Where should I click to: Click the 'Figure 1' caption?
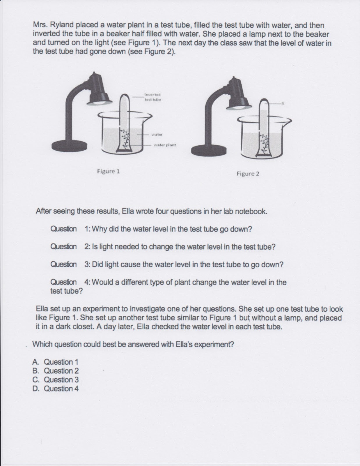(108, 171)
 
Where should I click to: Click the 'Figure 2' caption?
(248, 174)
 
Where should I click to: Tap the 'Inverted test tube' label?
(152, 97)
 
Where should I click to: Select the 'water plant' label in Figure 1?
(165, 145)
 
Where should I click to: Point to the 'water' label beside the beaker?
(157, 135)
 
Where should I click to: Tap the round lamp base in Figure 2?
(208, 149)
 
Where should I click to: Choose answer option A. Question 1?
(56, 362)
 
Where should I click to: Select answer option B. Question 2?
(56, 371)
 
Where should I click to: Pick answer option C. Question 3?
(56, 380)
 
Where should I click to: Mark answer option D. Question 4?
(56, 389)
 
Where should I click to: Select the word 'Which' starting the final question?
(42, 344)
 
